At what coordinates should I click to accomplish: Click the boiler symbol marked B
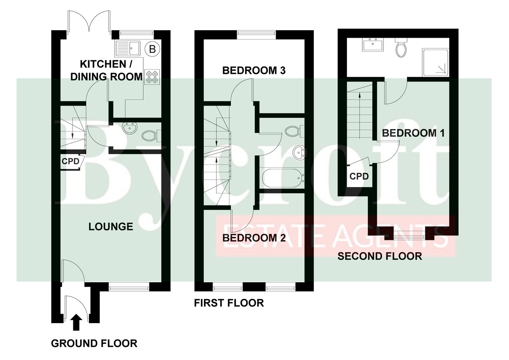152,49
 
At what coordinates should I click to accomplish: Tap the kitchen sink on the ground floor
128,48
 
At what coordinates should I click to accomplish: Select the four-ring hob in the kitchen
152,77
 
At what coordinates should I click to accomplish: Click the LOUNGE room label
111,227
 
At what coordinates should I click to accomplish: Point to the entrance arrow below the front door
76,322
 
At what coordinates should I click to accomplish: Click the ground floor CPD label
70,161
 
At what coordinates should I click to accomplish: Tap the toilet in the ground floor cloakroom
151,136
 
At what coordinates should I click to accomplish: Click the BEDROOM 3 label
254,70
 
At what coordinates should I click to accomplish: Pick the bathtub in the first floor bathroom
282,178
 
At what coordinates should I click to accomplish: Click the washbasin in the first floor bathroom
299,153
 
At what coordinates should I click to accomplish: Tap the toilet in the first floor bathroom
294,131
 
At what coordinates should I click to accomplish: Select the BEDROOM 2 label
254,238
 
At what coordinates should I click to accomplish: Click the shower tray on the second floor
435,62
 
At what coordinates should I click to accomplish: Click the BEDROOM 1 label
413,133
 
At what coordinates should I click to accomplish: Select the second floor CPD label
359,176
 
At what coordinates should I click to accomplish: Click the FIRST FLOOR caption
229,303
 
